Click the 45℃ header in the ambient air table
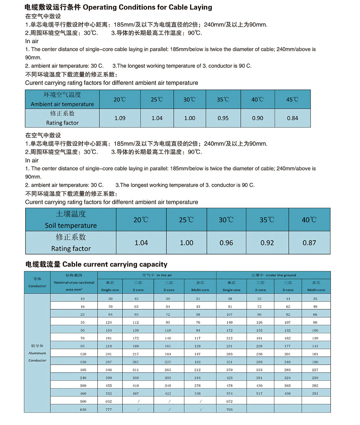click(x=292, y=100)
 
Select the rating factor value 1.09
click(x=120, y=118)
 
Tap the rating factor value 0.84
click(x=292, y=118)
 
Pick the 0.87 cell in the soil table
click(x=309, y=243)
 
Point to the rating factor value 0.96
click(x=226, y=243)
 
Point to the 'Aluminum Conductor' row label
click(x=37, y=353)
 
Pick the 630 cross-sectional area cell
click(x=83, y=410)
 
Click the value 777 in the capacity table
click(x=109, y=410)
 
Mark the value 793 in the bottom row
click(x=229, y=410)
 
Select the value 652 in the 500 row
click(x=109, y=402)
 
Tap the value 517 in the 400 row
click(x=259, y=394)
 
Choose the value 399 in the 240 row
click(x=109, y=378)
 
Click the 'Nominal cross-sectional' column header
click(x=74, y=283)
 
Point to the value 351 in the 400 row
click(x=315, y=394)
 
